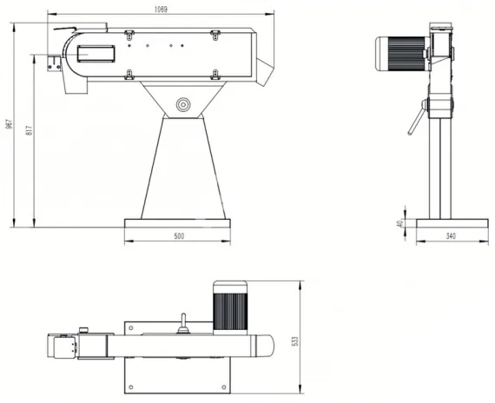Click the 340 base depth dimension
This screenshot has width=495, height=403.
coord(450,236)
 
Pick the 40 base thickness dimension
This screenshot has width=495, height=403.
coord(399,223)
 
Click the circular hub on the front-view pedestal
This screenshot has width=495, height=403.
coord(182,104)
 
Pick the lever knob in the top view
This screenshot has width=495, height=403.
coord(182,328)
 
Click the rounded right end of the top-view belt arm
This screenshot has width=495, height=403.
coord(269,346)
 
